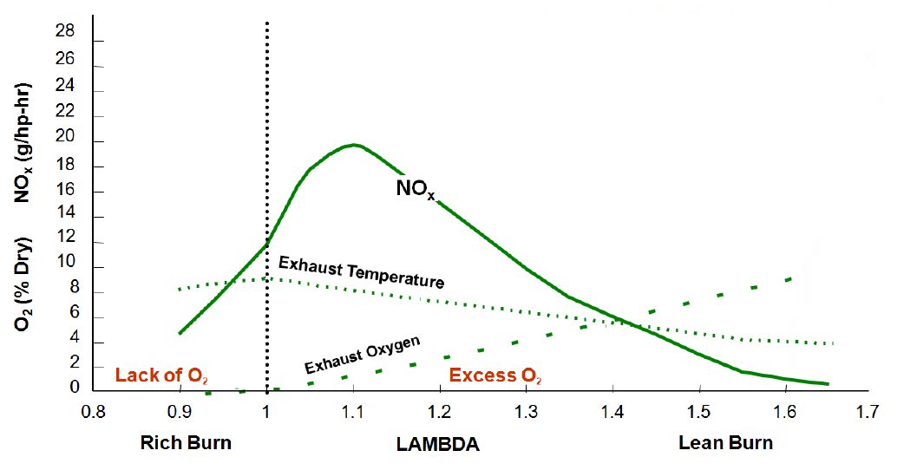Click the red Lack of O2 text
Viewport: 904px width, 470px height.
[x=161, y=375]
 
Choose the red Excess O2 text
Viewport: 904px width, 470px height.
[x=495, y=375]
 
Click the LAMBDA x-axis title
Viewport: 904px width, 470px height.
[x=438, y=443]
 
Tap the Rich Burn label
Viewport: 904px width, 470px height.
[x=187, y=442]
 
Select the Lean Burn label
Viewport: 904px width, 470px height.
[x=726, y=442]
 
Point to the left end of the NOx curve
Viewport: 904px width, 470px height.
[x=180, y=333]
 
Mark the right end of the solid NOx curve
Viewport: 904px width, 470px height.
[x=828, y=383]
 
